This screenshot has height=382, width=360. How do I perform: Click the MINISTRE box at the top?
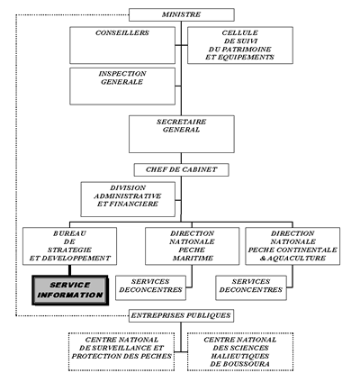point(182,14)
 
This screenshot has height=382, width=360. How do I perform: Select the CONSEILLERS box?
point(122,45)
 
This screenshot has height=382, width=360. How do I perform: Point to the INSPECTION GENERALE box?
point(122,86)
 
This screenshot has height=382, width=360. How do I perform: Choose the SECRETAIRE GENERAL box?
point(182,134)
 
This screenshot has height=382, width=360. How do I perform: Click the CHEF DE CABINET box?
point(181,169)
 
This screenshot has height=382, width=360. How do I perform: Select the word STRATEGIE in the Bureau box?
point(69,250)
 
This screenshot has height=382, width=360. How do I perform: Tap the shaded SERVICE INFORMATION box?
point(70,290)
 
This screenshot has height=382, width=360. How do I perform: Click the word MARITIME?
point(193,258)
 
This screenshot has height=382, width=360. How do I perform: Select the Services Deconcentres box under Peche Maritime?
point(150,288)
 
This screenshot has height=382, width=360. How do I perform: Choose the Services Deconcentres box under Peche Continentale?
point(251,288)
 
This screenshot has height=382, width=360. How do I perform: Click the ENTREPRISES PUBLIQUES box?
point(181,316)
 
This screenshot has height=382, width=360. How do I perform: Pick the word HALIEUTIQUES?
point(240,356)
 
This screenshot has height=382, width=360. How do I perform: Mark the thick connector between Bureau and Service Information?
point(69,270)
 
